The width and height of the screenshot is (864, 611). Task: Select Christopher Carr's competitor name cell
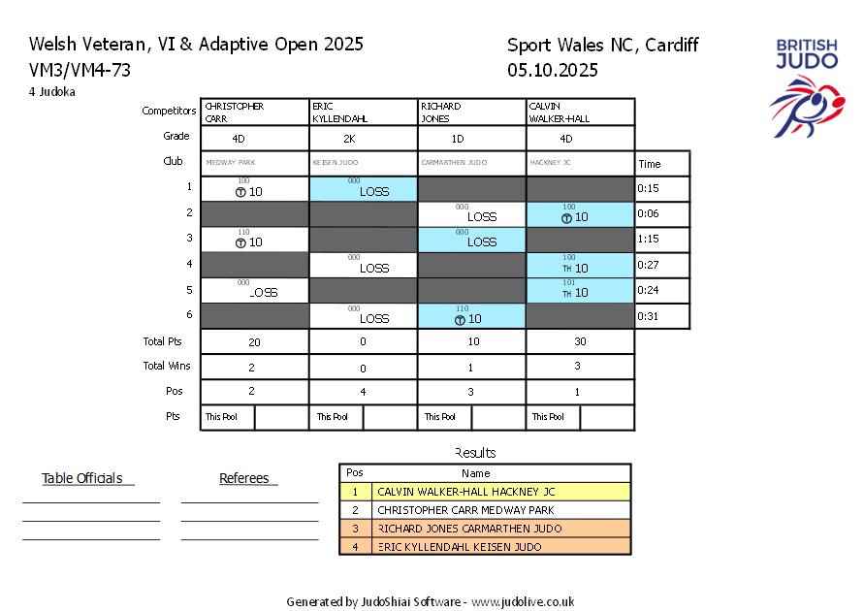254,113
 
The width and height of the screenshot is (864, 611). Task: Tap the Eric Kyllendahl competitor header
363,113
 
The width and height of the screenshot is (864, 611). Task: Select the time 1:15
650,240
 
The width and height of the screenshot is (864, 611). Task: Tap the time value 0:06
650,214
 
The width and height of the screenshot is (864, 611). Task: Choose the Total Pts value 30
580,342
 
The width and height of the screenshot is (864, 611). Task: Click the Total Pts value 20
254,342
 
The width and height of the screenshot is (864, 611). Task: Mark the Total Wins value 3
580,366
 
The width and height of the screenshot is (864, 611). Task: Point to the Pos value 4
363,392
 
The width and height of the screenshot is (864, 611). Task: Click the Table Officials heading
82,478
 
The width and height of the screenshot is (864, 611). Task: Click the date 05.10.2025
553,70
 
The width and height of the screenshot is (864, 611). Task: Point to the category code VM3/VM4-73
80,70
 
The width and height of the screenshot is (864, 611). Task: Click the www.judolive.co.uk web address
523,601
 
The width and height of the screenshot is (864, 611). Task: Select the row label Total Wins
167,366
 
